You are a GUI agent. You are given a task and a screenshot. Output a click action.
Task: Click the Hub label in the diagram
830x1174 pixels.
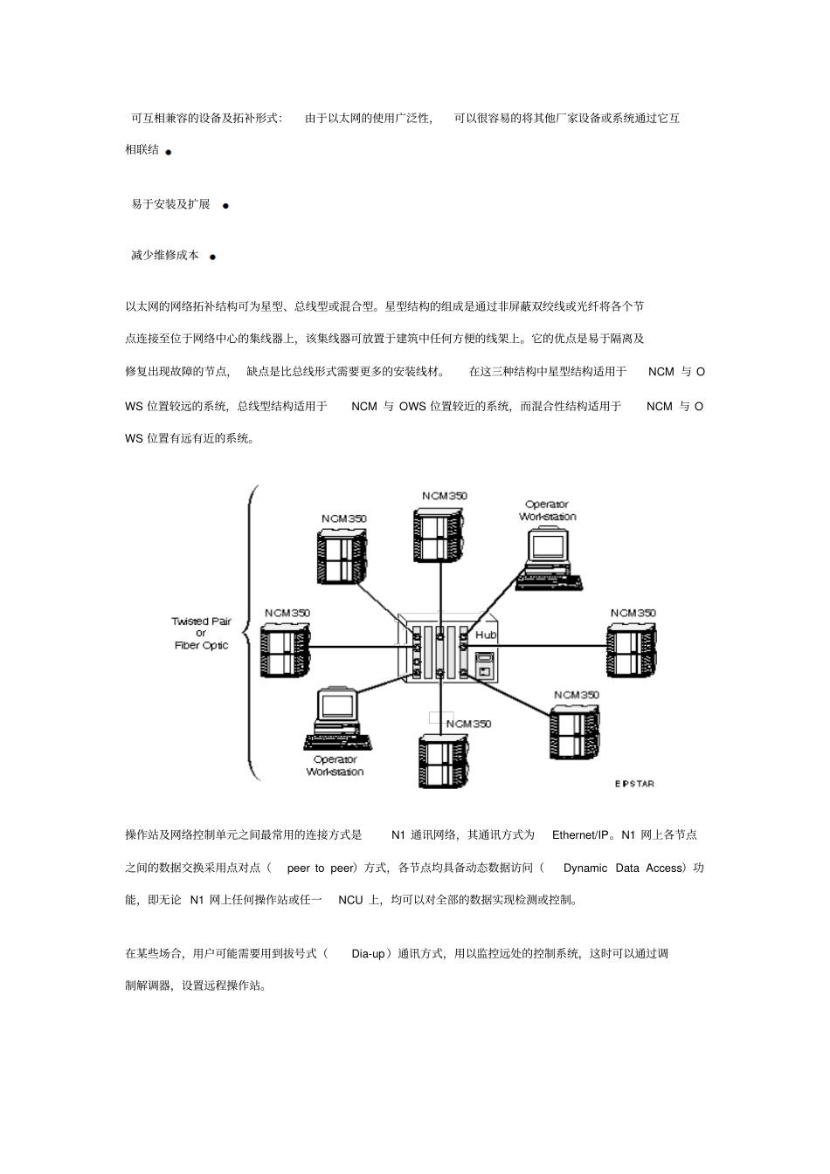point(485,635)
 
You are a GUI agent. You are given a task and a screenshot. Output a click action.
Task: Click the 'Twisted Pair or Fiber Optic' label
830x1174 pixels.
point(201,633)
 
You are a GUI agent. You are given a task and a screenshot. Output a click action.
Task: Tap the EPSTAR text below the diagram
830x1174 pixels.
point(633,784)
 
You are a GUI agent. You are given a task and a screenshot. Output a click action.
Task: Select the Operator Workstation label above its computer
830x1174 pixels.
point(548,511)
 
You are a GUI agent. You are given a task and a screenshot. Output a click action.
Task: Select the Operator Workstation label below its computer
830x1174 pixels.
point(335,766)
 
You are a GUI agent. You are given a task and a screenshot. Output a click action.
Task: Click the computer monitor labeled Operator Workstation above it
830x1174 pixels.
point(550,546)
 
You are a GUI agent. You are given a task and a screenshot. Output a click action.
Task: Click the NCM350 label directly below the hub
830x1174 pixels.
point(469,724)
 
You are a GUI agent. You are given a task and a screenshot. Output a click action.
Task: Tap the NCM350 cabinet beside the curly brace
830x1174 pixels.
point(286,650)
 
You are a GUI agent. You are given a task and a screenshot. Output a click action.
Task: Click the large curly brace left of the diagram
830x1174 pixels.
point(251,633)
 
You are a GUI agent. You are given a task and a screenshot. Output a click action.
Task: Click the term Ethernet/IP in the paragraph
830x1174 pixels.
point(583,835)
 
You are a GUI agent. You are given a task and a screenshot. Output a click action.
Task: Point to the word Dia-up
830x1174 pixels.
point(368,954)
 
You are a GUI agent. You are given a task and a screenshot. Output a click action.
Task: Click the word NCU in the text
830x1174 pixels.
point(350,900)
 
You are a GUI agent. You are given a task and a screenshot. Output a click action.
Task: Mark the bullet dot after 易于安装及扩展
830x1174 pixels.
point(225,206)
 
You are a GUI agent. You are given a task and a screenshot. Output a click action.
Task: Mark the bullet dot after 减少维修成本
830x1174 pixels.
point(212,257)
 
